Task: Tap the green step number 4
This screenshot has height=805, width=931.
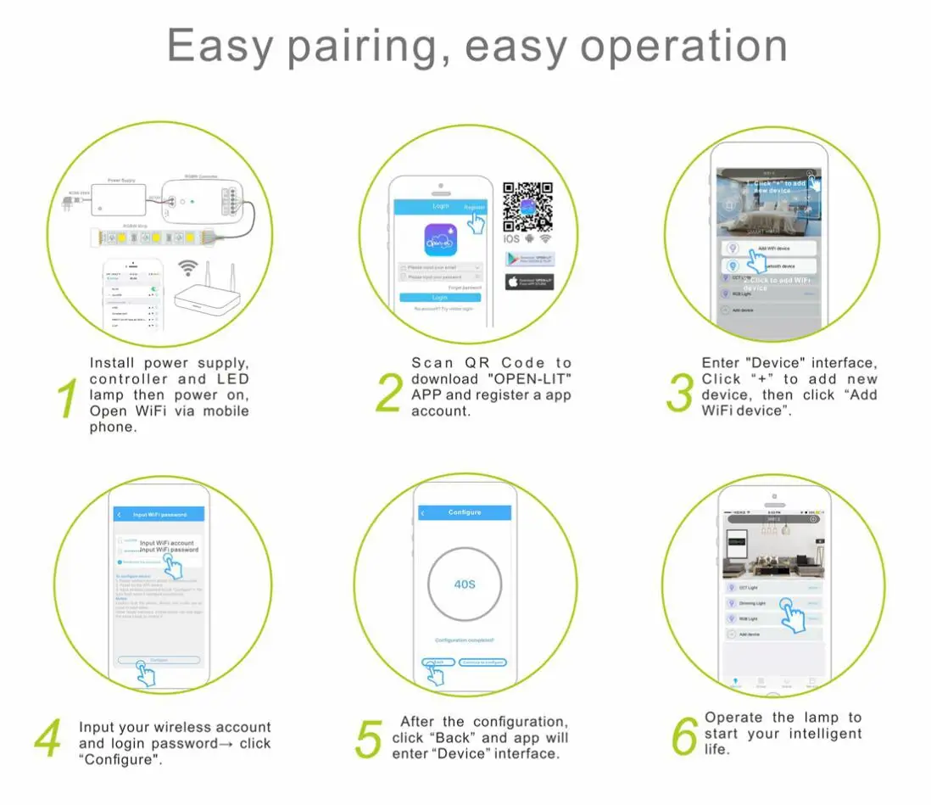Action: tap(47, 738)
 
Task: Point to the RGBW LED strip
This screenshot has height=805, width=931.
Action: tap(156, 237)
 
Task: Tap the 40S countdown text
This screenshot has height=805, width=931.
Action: tap(464, 584)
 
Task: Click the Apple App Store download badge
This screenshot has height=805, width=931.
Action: tap(530, 281)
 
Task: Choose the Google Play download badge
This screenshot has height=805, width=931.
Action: tap(530, 259)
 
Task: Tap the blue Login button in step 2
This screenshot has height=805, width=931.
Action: tap(439, 298)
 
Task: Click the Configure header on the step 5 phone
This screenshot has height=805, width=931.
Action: tap(464, 512)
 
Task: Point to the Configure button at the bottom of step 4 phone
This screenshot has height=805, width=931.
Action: tap(159, 659)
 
